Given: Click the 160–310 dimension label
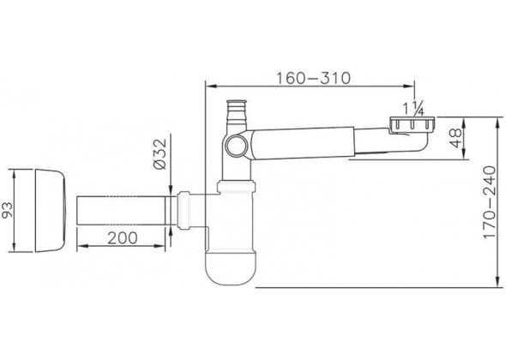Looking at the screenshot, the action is click(x=313, y=78).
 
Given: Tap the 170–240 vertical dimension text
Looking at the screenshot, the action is click(x=489, y=202).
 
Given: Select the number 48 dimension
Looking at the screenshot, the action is click(x=456, y=138).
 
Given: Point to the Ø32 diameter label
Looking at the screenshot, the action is click(x=160, y=154).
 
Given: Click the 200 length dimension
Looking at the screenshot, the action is click(x=123, y=238).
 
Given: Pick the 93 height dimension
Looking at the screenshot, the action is click(x=7, y=210).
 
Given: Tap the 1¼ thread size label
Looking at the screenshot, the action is click(x=413, y=108).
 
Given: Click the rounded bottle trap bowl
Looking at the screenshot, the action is click(x=231, y=267).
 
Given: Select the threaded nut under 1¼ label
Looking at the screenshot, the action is click(x=412, y=125).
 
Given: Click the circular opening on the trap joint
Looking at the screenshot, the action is click(x=236, y=146).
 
